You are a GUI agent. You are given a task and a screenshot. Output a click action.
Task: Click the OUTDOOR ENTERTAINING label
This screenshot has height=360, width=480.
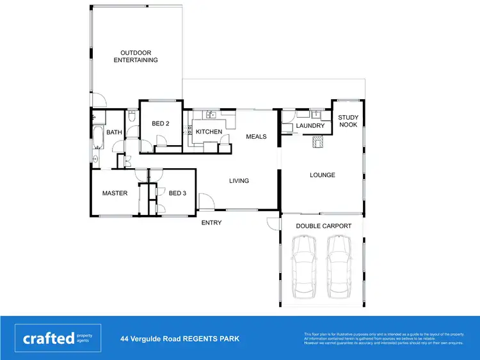[x=136, y=56]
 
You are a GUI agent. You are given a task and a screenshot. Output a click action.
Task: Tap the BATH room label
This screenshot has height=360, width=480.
[x=114, y=132]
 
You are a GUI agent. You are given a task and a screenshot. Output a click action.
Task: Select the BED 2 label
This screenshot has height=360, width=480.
[x=160, y=123]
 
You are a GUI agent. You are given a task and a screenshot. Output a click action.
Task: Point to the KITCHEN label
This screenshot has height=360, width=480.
[x=209, y=132]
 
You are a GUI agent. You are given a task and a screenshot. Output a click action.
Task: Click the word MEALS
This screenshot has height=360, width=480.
[x=256, y=136]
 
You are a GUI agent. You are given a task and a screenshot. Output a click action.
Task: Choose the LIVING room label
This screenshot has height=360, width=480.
[x=239, y=181]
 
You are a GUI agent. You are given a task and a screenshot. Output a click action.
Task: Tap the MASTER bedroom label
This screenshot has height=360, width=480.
[x=115, y=193]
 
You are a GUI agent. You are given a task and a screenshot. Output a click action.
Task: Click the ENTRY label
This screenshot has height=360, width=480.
[x=211, y=223]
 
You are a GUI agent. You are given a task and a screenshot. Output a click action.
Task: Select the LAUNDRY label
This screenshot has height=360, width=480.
[x=310, y=126]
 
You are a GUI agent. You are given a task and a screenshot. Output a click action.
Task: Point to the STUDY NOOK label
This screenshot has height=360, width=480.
[x=348, y=121]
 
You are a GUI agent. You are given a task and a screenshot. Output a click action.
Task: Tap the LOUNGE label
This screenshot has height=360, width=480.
[x=323, y=175]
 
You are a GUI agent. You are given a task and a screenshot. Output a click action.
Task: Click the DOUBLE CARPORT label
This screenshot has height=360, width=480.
[x=323, y=226]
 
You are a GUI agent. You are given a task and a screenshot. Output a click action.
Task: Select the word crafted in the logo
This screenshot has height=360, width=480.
[x=49, y=338]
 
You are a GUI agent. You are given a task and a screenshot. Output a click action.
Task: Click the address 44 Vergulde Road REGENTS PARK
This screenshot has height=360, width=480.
[x=180, y=338]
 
